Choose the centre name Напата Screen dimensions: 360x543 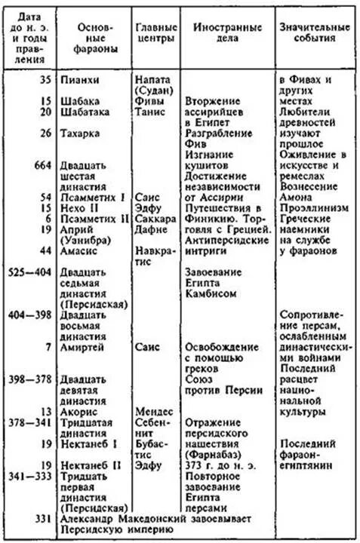point(153,78)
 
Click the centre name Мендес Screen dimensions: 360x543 point(155,412)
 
